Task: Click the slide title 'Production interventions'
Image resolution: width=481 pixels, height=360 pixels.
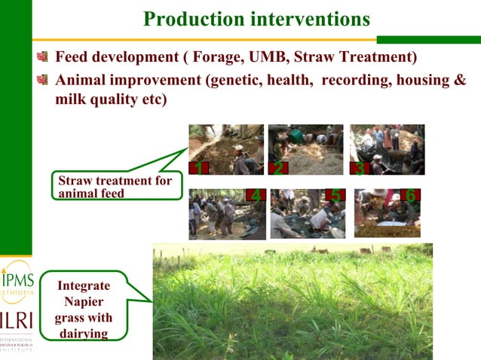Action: [256, 18]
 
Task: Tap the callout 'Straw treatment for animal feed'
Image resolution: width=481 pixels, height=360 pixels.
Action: [115, 186]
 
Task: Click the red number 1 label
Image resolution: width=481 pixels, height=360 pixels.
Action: [198, 168]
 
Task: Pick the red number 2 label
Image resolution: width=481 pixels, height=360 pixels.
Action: [277, 168]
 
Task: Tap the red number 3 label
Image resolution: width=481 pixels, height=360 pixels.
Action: [360, 168]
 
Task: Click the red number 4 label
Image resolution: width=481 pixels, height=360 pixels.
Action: [256, 196]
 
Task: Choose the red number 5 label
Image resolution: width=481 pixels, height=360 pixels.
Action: [335, 196]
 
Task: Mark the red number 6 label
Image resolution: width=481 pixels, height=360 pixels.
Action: [411, 195]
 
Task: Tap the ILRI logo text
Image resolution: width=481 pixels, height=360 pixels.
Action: [16, 319]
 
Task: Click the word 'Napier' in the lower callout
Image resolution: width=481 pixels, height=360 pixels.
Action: [84, 301]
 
